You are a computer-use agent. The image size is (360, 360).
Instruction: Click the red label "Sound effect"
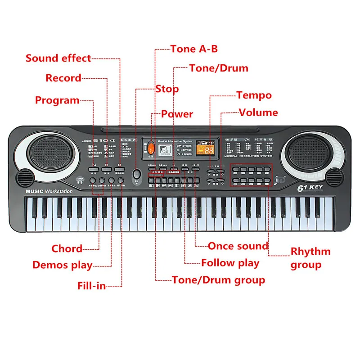pyautogui.click(x=58, y=58)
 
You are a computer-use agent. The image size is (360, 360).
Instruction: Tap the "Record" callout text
pyautogui.click(x=63, y=78)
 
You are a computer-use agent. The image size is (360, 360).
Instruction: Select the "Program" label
pyautogui.click(x=57, y=100)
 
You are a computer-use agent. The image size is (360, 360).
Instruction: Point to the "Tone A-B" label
pyautogui.click(x=194, y=49)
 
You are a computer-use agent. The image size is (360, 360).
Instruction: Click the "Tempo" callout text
pyautogui.click(x=254, y=95)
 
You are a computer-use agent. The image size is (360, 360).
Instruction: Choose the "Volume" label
pyautogui.click(x=258, y=112)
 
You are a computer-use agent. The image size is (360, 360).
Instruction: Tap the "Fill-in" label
pyautogui.click(x=91, y=285)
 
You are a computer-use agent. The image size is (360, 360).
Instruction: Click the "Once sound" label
pyautogui.click(x=238, y=246)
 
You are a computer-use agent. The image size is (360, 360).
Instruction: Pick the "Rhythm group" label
pyautogui.click(x=310, y=258)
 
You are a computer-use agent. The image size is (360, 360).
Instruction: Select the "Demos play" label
pyautogui.click(x=62, y=265)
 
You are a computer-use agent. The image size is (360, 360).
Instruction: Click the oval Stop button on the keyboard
pyautogui.click(x=136, y=174)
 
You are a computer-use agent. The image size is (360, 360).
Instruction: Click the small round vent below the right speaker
pyautogui.click(x=333, y=176)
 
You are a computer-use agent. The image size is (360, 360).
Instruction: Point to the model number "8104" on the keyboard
pyautogui.click(x=107, y=141)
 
